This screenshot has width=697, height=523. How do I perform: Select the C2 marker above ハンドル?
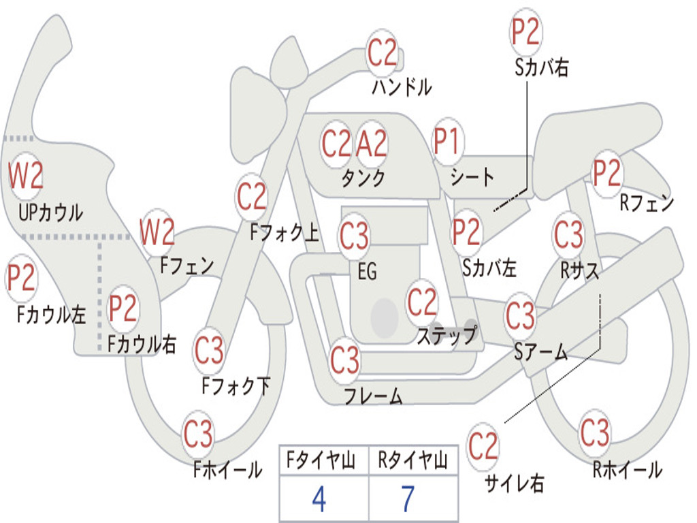pyautogui.click(x=382, y=52)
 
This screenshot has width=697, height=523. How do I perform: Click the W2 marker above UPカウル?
pyautogui.click(x=25, y=176)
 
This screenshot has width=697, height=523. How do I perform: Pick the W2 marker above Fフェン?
pyautogui.click(x=157, y=233)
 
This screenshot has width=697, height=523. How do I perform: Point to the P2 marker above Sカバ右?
pyautogui.click(x=525, y=32)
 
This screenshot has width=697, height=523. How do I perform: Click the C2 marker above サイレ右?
pyautogui.click(x=483, y=447)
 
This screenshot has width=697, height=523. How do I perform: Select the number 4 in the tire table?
pyautogui.click(x=319, y=499)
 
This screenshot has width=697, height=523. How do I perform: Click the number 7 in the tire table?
pyautogui.click(x=408, y=499)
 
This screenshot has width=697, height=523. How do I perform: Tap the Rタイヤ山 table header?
pyautogui.click(x=412, y=462)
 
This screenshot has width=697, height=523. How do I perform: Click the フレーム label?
pyautogui.click(x=373, y=396)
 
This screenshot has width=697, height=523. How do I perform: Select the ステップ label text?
pyautogui.click(x=447, y=336)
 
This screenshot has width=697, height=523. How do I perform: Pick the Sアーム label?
pyautogui.click(x=540, y=351)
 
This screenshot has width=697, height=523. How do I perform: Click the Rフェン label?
pyautogui.click(x=646, y=203)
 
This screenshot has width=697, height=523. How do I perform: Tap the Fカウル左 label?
pyautogui.click(x=52, y=314)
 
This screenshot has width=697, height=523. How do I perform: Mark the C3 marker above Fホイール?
pyautogui.click(x=198, y=434)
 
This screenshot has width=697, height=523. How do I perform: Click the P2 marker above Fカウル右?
pyautogui.click(x=123, y=308)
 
